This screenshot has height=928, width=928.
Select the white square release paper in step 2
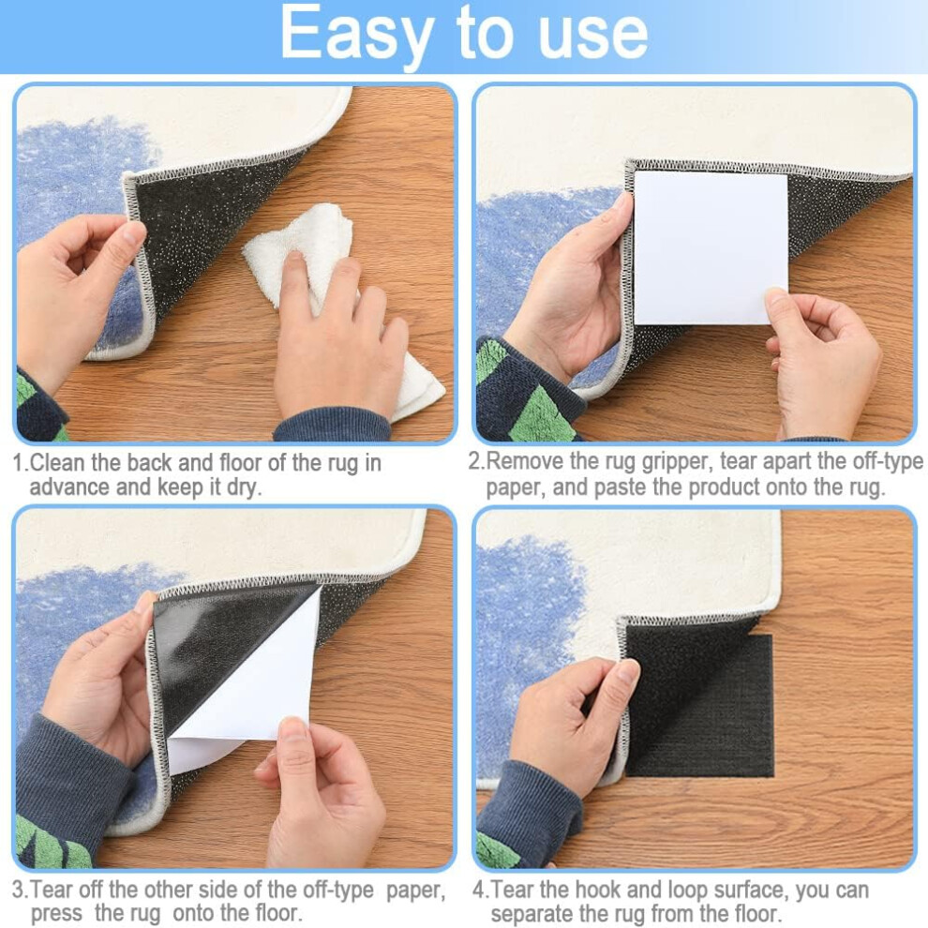[711, 247]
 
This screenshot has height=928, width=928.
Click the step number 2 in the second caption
[474, 461]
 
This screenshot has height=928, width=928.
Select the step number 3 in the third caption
[19, 890]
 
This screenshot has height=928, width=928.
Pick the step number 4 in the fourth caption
[479, 890]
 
